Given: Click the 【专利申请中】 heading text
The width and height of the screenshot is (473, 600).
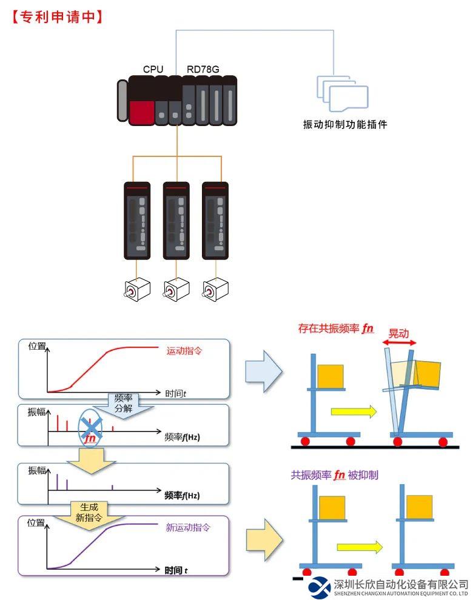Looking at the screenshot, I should tap(56, 16).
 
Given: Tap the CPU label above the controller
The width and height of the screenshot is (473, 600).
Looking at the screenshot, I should tap(153, 69).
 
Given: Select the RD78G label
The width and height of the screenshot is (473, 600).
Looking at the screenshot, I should tap(203, 69).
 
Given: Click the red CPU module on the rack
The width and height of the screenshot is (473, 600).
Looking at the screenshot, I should tap(141, 111).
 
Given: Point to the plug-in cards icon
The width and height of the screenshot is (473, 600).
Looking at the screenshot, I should tap(343, 95).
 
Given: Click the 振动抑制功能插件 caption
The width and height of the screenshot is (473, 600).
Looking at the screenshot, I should tap(344, 125).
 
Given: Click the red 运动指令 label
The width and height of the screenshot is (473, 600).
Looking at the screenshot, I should tap(186, 350).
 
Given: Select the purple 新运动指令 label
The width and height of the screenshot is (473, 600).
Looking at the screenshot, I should tap(188, 527).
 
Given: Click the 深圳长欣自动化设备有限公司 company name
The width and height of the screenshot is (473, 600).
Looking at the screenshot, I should tap(401, 584).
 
